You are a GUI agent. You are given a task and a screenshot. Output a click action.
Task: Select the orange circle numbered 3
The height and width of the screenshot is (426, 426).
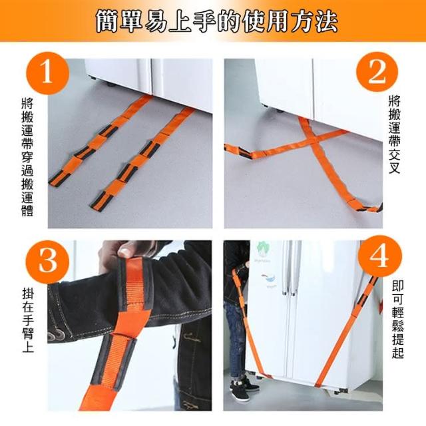point(48,262)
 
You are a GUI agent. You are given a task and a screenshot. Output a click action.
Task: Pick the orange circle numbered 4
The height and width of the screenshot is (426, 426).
point(379,257)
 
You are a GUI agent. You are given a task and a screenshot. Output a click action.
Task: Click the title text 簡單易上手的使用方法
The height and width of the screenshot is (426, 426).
point(217,22)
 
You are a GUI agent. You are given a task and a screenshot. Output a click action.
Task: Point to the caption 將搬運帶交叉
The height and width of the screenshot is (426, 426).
point(395,134)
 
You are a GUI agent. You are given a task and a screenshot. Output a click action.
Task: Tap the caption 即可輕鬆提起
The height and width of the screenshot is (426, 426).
point(398,319)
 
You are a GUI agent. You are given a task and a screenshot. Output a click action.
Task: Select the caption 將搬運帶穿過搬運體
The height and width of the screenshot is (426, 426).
point(27,157)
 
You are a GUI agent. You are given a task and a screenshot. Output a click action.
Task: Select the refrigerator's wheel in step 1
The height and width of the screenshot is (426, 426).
point(111,85)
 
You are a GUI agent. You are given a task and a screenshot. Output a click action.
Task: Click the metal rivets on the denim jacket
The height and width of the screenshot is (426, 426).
point(58,336)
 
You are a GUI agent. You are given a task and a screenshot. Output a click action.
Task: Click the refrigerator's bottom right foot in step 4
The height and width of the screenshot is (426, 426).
point(340,391)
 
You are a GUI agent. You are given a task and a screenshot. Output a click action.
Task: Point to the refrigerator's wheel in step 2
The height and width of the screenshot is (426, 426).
point(280,111)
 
